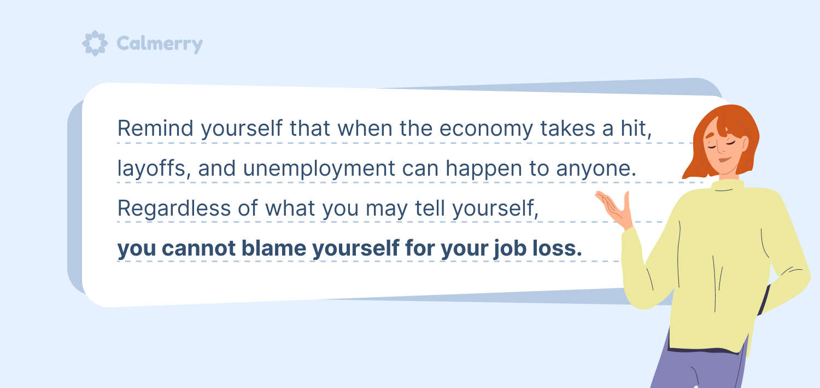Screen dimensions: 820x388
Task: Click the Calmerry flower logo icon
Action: (x=95, y=43)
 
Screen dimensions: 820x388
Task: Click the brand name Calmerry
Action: (x=160, y=44)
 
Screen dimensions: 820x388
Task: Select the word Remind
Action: (x=155, y=128)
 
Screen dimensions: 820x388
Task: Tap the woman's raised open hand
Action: (x=615, y=210)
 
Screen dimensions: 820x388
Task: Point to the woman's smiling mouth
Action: (x=725, y=160)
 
